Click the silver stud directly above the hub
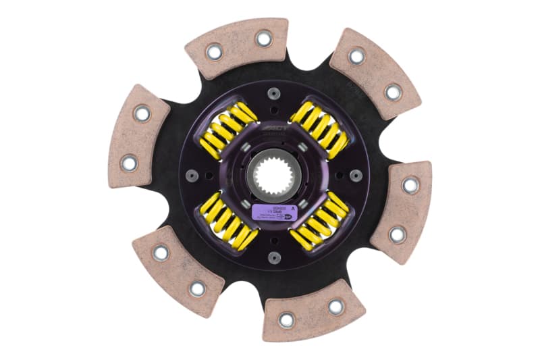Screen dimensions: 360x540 pos(273,93)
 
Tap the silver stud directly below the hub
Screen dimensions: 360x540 pos(274,257)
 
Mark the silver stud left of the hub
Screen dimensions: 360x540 pos(192,176)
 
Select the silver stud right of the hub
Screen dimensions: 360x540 pos(355,176)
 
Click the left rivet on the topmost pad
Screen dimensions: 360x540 pos(214,51)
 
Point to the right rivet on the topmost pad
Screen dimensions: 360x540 pos(263,38)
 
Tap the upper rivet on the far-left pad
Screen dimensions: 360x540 pos(142,113)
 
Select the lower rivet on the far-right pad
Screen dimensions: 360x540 pos(398,234)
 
